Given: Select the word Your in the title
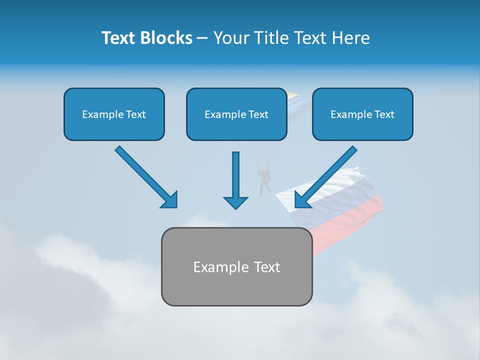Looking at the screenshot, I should pyautogui.click(x=231, y=38).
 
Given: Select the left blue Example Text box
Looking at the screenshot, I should pyautogui.click(x=114, y=114).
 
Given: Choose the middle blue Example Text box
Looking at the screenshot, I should pyautogui.click(x=236, y=114).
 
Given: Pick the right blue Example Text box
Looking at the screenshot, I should pyautogui.click(x=362, y=114).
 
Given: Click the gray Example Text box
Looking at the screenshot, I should pyautogui.click(x=236, y=266).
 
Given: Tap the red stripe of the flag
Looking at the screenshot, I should pyautogui.click(x=350, y=215).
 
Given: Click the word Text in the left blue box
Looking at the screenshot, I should pyautogui.click(x=135, y=114).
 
